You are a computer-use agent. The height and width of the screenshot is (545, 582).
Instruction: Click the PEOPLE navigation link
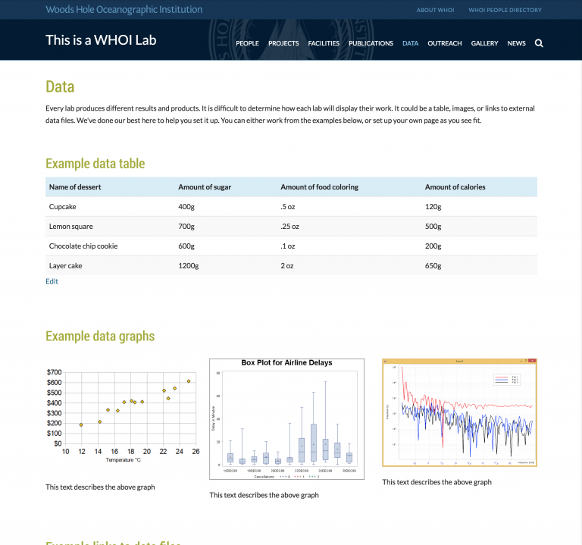247,43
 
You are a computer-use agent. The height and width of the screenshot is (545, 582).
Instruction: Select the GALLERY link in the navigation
484,43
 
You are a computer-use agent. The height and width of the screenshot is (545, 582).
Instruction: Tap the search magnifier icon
539,43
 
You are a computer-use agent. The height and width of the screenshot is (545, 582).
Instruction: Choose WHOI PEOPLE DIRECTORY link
505,10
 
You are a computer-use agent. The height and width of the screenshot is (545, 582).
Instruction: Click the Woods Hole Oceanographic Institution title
124,10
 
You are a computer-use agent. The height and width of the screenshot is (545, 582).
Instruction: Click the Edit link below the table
52,281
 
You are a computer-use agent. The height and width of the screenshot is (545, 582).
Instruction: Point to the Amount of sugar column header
205,186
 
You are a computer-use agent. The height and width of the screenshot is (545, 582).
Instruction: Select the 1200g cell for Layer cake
188,265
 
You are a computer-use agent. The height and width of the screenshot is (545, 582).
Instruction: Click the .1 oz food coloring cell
288,246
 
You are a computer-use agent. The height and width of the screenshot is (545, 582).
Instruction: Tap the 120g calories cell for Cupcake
433,206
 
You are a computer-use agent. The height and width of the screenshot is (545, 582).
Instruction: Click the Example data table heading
95,164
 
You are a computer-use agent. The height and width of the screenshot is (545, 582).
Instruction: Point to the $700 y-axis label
55,372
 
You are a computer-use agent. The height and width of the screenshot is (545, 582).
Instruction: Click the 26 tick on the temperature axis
196,452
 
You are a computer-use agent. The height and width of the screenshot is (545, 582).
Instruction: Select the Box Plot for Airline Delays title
286,363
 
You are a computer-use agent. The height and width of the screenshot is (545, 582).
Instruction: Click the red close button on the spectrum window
533,362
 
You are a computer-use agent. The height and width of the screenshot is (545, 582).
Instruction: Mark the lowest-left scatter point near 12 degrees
81,424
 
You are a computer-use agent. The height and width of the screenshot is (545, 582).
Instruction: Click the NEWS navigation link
516,43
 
